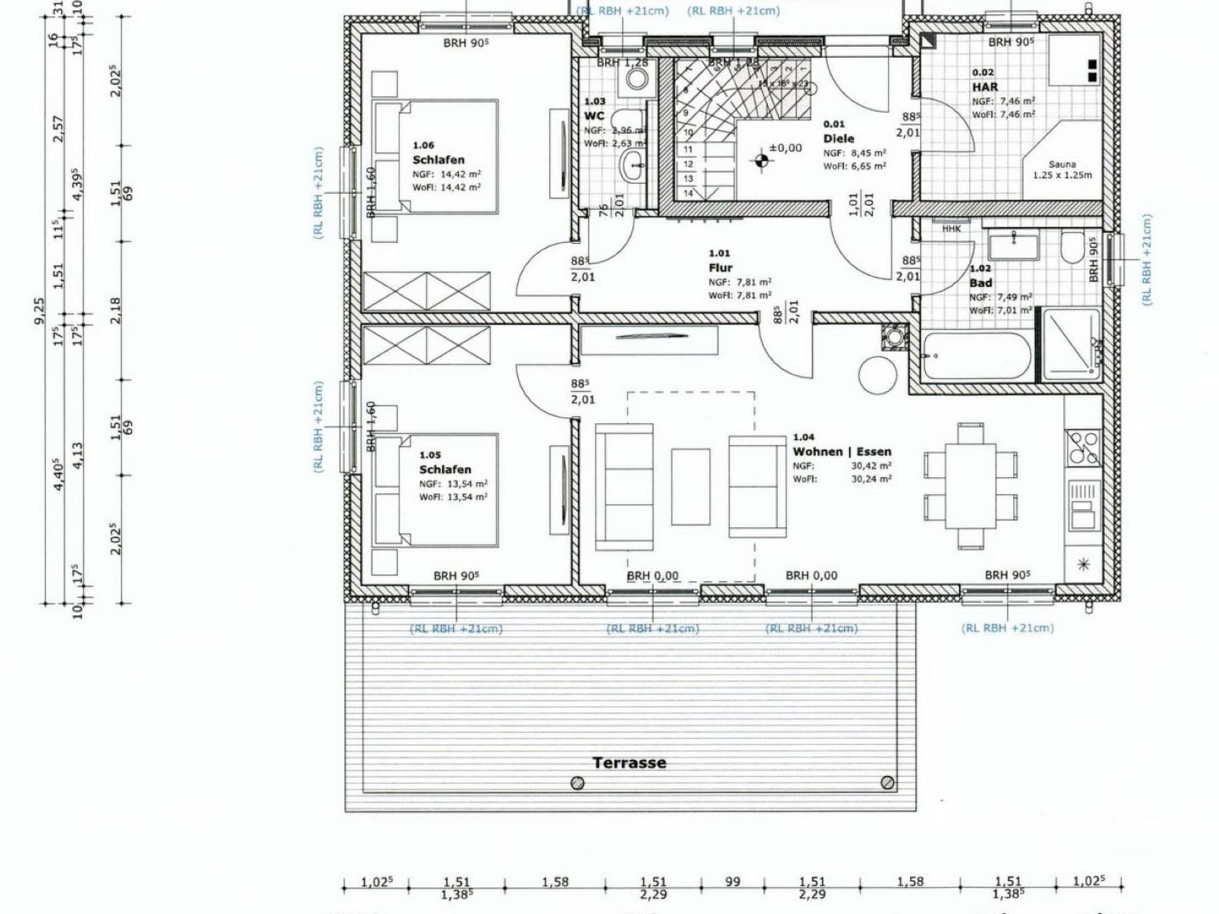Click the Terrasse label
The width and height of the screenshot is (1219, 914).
[629, 763]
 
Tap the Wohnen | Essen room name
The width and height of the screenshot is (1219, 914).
[842, 452]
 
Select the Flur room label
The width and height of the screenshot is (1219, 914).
[720, 268]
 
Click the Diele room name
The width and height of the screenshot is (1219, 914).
[839, 139]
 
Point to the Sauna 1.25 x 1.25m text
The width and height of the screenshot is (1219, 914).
[1062, 170]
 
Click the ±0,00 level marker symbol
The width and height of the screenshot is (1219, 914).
[761, 159]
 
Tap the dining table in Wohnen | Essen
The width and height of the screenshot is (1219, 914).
[970, 485]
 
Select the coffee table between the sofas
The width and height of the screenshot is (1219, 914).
[690, 487]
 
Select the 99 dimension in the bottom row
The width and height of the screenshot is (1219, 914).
[733, 882]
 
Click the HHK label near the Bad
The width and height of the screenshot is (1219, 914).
[951, 228]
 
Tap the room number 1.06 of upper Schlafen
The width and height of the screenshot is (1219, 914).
[423, 145]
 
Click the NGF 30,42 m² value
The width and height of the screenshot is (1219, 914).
[871, 466]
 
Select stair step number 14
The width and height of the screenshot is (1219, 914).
[688, 193]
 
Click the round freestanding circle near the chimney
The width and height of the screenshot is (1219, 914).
[877, 375]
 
